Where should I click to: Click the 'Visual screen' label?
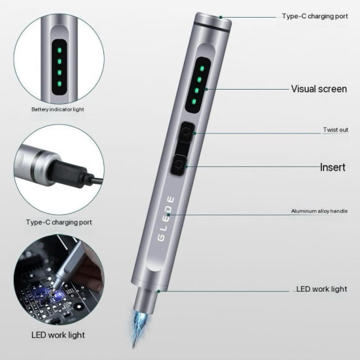(319, 88)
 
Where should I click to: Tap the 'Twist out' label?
(335, 130)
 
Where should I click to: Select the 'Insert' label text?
(333, 167)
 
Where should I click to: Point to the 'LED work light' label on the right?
(321, 289)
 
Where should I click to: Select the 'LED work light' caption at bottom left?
(56, 335)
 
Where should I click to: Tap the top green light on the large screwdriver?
(202, 68)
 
